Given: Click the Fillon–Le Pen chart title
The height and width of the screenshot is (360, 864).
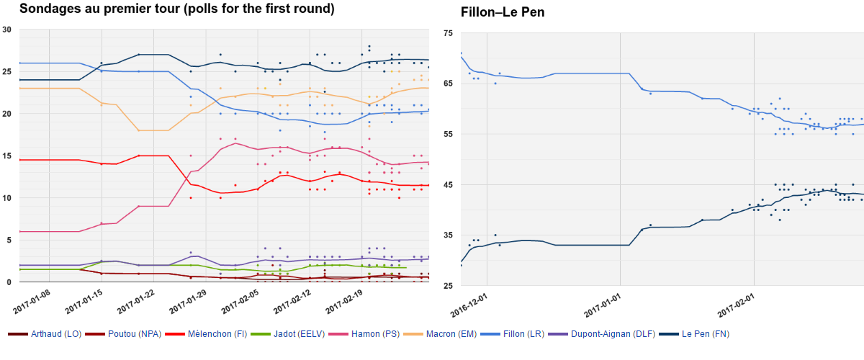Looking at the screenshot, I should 503,12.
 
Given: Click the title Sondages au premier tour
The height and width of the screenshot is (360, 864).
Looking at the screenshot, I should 176,9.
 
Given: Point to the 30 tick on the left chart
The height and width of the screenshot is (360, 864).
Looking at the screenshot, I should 7,30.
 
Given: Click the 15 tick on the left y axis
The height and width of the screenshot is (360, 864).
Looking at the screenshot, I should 7,156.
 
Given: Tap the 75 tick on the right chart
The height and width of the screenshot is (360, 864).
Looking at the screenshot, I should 449,34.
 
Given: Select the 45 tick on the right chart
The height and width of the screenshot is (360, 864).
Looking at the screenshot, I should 449,185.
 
